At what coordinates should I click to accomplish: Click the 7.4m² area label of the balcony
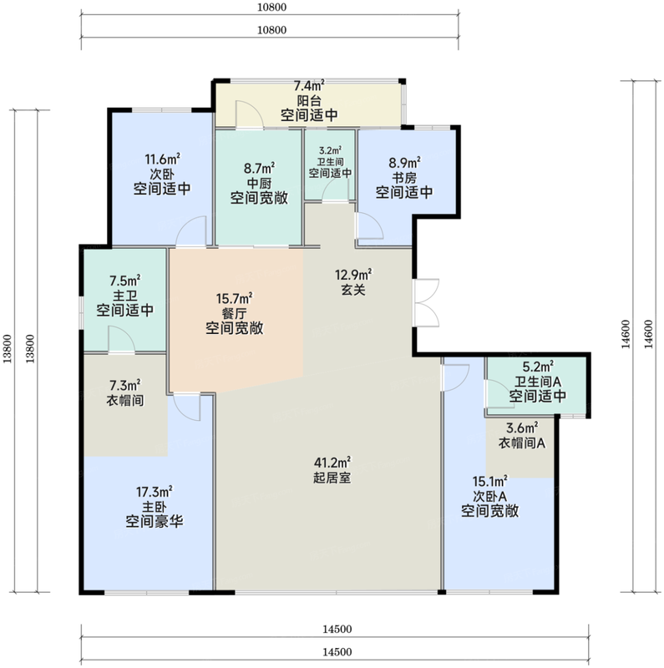[309, 86]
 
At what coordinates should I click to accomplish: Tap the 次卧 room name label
[162, 175]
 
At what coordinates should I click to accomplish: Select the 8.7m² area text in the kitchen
[259, 168]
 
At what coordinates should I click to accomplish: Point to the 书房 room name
[404, 178]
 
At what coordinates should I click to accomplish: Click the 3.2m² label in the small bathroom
[330, 150]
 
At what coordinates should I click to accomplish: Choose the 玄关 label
[353, 290]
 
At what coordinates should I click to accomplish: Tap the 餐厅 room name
[234, 314]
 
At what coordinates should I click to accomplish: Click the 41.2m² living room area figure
[332, 463]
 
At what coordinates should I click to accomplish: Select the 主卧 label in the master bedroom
[155, 507]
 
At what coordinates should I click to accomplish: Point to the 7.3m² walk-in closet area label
[125, 386]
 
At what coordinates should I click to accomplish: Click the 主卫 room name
[125, 296]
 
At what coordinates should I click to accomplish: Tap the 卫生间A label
[538, 382]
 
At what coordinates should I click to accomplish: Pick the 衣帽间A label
[522, 443]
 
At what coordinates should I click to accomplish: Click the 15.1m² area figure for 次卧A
[489, 482]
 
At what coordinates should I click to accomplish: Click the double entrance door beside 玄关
[427, 303]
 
